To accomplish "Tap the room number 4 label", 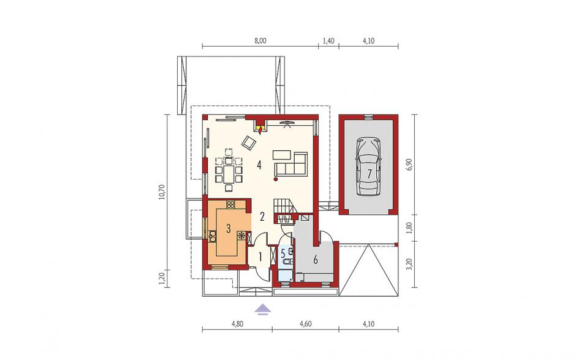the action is click(259, 165).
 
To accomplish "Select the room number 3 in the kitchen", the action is click(228, 229).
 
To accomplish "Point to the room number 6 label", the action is click(315, 259).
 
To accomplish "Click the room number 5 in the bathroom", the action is click(283, 253).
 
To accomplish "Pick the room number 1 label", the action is click(260, 257).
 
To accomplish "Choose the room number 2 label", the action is click(262, 216).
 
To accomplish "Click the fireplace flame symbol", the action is click(260, 129).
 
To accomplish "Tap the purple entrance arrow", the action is click(263, 310).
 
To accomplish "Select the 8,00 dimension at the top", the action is click(260, 41).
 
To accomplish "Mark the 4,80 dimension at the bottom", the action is click(237, 324).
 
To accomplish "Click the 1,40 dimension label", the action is click(328, 41).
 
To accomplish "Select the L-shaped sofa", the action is click(290, 164).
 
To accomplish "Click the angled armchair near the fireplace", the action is click(249, 143).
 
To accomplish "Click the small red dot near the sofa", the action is click(276, 179).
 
